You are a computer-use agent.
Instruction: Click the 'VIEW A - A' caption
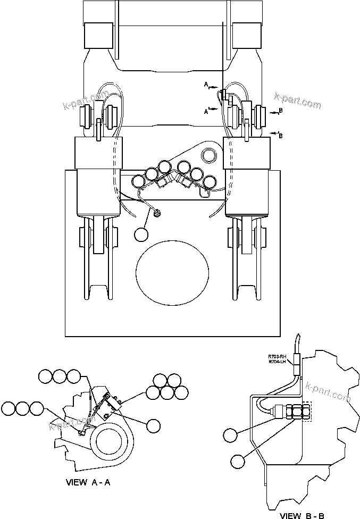coord(88,483)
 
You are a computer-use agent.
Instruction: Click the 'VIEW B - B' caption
coord(303,515)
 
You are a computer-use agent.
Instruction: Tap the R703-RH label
coord(277,356)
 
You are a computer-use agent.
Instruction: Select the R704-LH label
coord(277,362)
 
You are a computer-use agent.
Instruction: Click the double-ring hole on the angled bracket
coord(208,155)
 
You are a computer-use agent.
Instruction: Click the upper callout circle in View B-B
coord(230,435)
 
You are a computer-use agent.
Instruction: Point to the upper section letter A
coord(205,84)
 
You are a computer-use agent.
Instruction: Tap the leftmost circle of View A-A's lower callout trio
coord(9,408)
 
